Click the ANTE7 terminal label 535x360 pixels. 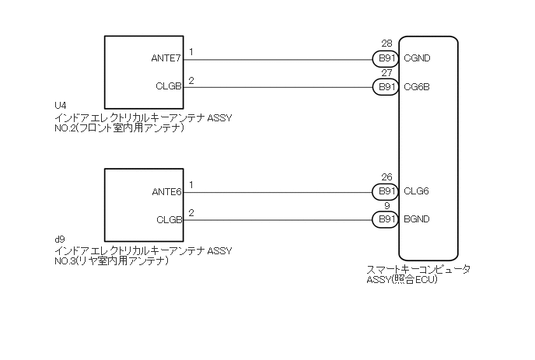click(166, 58)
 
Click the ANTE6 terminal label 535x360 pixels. click(166, 191)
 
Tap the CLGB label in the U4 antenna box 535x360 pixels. click(168, 86)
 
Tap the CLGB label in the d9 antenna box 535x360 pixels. click(168, 219)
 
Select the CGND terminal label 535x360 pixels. click(418, 58)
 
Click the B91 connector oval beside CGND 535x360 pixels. click(386, 58)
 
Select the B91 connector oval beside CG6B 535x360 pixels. click(386, 86)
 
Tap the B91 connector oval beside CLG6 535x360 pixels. click(386, 191)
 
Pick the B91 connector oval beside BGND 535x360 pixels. click(386, 219)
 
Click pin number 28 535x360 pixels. click(386, 44)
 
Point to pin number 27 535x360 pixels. click(386, 73)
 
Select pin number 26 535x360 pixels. click(386, 177)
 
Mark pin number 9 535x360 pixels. click(386, 206)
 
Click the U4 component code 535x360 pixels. click(60, 105)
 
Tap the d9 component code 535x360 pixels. click(59, 238)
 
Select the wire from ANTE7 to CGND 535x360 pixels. click(280, 58)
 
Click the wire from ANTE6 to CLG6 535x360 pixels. click(280, 191)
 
